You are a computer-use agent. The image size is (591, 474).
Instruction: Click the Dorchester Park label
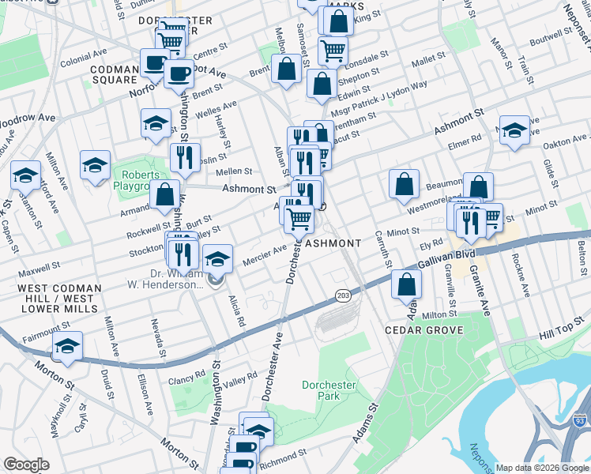(330, 391)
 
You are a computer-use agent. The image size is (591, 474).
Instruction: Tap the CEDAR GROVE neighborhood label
(424, 329)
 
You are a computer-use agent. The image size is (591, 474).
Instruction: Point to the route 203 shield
(343, 295)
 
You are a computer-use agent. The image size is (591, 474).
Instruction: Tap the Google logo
(27, 465)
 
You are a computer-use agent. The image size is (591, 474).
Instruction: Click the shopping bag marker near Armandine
(165, 194)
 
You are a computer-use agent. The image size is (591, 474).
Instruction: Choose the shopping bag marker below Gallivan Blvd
(406, 286)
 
